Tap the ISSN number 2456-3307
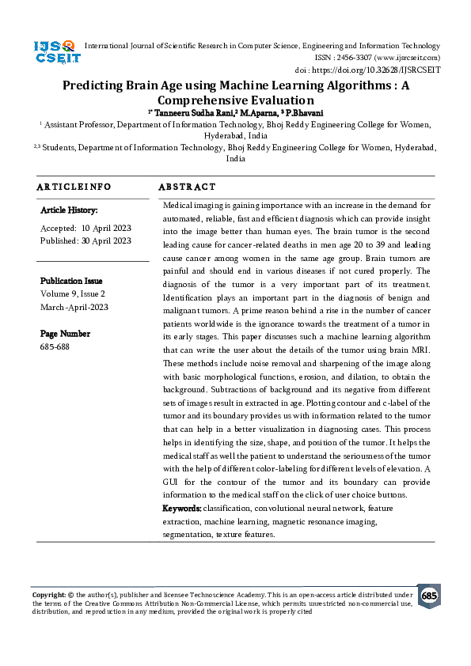coord(359,58)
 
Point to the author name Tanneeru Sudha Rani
coord(184,113)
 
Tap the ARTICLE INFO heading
coord(74,187)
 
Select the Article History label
coord(69,210)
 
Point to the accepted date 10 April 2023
coord(105,227)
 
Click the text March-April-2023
coord(74,308)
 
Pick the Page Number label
coord(65,335)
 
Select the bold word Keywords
coord(181,507)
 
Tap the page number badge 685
coord(429,596)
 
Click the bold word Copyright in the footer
coord(48,593)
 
